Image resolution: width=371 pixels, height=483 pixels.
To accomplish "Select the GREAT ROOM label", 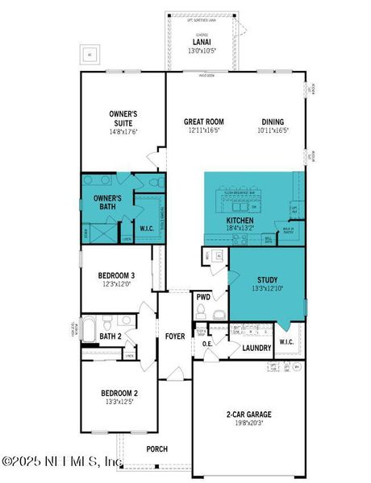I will coord(203,122).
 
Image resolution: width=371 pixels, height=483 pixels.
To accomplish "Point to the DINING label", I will coord(273,122).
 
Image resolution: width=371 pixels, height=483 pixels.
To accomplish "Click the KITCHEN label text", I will coord(240,220).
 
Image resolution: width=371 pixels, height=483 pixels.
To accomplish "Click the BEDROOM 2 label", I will coord(119,394).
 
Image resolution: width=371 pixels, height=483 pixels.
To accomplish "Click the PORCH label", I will coord(156,448).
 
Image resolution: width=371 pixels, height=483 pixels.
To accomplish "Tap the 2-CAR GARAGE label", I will coord(248,415).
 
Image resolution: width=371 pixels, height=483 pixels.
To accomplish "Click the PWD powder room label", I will coord(202,296).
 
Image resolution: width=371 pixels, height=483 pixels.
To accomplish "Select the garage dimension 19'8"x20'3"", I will coord(248,424).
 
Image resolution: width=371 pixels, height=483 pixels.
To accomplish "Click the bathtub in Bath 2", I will coord(89,332).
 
